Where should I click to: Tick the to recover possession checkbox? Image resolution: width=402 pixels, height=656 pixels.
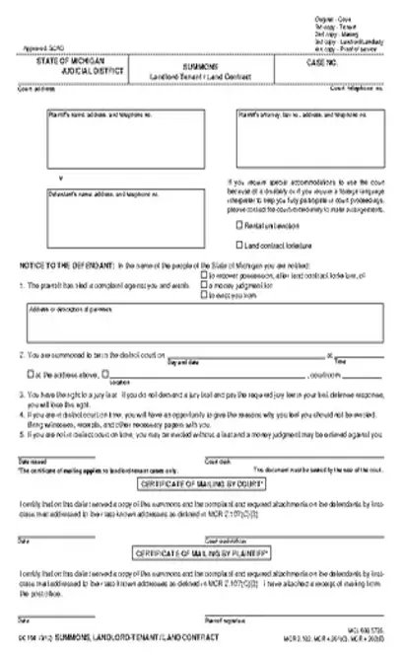203,275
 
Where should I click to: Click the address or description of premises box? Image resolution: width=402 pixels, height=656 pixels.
202,323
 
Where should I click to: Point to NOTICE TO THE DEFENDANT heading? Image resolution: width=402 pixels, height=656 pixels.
63,266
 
